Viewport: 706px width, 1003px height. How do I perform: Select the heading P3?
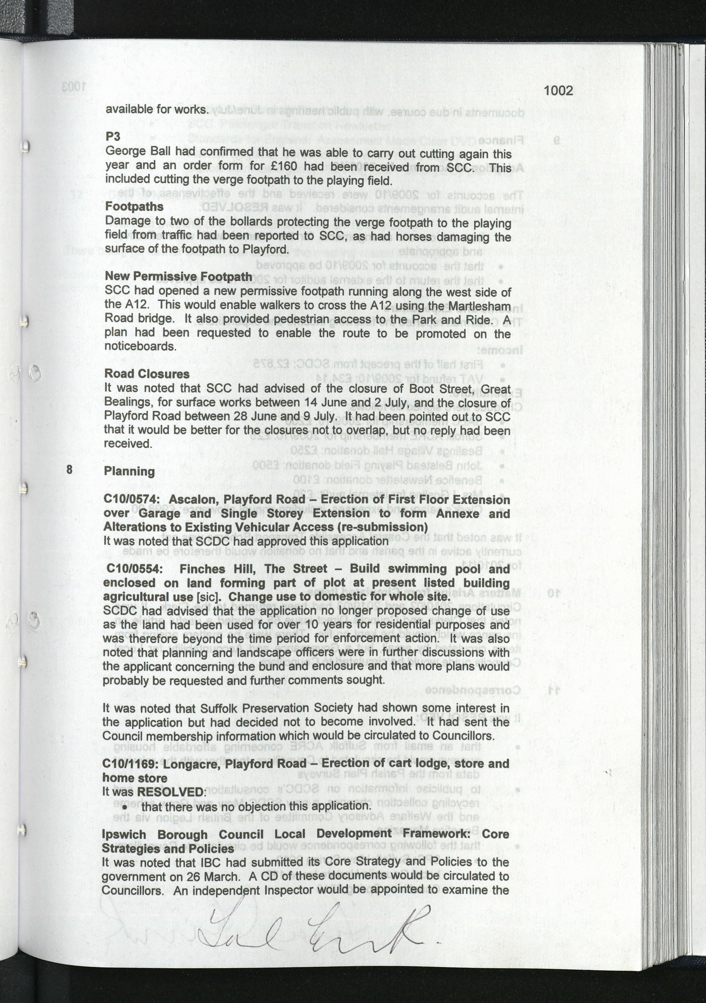(x=113, y=137)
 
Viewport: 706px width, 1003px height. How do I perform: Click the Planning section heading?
(x=129, y=471)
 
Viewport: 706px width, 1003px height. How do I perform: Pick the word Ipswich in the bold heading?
(x=124, y=834)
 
